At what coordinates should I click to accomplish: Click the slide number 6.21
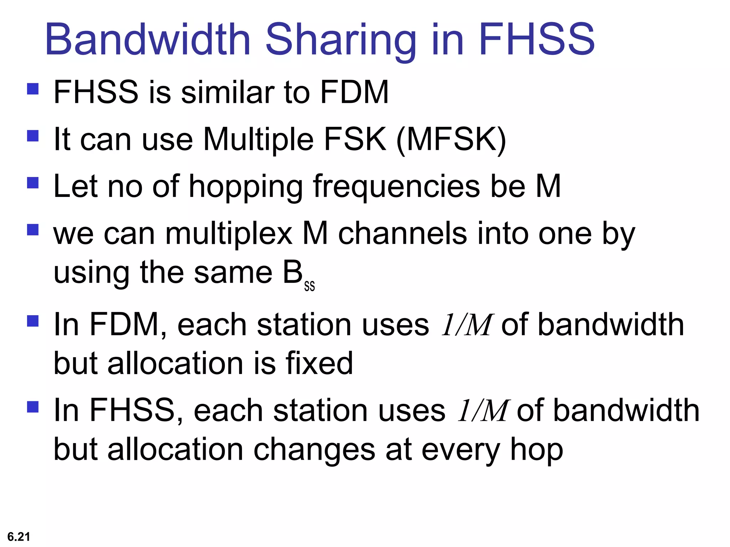click(x=19, y=536)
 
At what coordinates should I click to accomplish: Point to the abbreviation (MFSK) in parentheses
click(x=451, y=140)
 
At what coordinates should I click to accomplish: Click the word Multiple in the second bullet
click(x=258, y=140)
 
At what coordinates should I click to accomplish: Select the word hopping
click(x=246, y=187)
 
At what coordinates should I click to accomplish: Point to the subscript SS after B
click(x=309, y=286)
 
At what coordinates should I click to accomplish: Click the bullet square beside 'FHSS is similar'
click(x=33, y=89)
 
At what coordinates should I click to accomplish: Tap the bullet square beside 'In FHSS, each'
click(x=33, y=407)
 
